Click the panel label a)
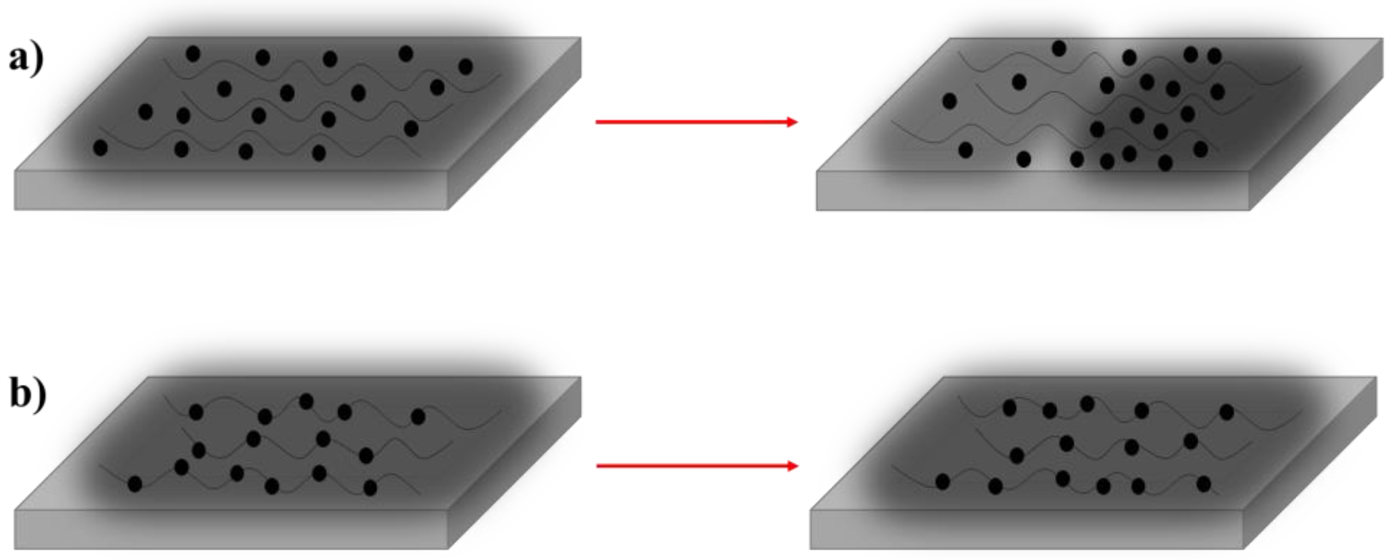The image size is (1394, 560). [x=26, y=59]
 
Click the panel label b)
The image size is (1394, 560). [x=28, y=395]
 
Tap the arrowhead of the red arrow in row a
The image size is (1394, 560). [x=792, y=122]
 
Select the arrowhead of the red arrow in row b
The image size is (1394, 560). [x=793, y=466]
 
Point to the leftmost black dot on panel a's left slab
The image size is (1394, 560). [x=100, y=148]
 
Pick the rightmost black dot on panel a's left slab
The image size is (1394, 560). [x=465, y=67]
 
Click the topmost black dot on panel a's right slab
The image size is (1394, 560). [x=1059, y=48]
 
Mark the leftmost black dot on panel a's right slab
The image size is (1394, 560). [x=949, y=101]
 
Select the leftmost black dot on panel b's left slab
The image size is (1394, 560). [x=135, y=484]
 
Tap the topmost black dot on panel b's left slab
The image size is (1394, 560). [x=306, y=401]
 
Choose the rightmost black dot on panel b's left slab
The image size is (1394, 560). [x=418, y=416]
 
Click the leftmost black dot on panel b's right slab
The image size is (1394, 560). [x=942, y=481]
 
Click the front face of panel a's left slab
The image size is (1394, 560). [x=231, y=190]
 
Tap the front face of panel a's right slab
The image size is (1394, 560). [x=1033, y=191]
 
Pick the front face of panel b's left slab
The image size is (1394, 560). [x=231, y=529]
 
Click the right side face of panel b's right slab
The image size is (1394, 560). [x=1310, y=463]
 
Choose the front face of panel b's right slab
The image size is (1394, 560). [x=1026, y=529]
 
